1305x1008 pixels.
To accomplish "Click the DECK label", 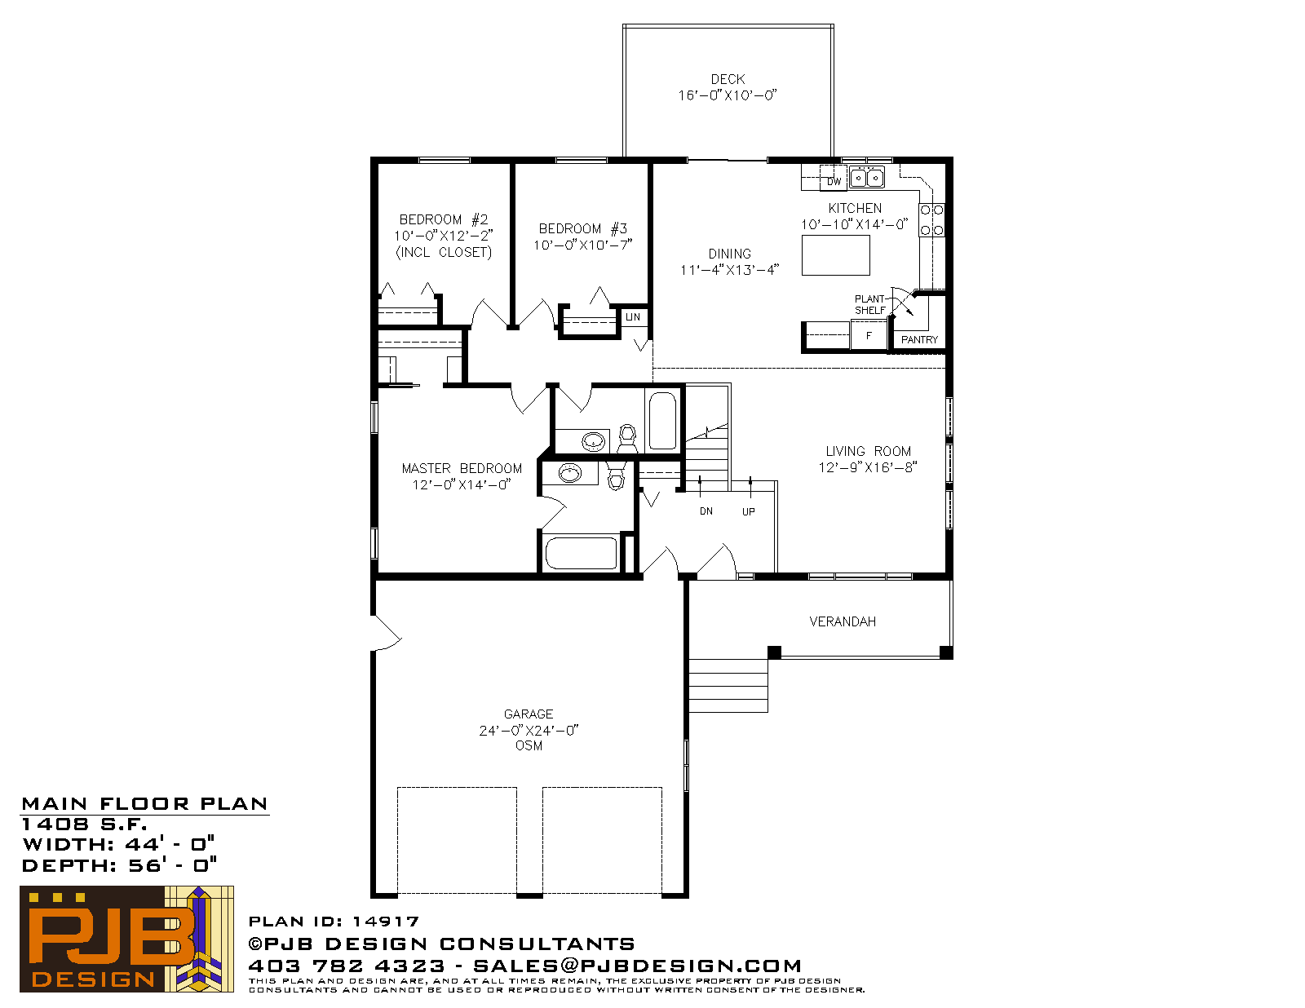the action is click(x=728, y=79).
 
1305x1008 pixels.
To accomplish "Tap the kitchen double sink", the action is click(x=866, y=178).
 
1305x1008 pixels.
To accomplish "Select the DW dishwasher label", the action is click(x=834, y=181).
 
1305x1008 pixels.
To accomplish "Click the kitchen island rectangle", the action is click(x=835, y=255).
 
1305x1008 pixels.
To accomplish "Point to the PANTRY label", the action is click(x=919, y=340).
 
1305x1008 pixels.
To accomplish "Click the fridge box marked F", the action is click(x=869, y=336).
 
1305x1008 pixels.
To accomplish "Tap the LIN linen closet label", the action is click(x=632, y=317).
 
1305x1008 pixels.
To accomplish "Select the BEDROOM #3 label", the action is click(x=582, y=228).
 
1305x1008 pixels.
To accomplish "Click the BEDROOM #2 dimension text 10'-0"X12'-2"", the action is click(x=443, y=236).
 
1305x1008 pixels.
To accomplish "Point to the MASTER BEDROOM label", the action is click(x=461, y=468).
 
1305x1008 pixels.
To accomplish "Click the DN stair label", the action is click(x=706, y=511).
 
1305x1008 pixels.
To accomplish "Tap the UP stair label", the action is click(x=748, y=512).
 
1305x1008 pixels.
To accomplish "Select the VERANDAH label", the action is click(x=842, y=622).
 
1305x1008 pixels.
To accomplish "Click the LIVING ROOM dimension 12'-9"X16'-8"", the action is click(x=868, y=467).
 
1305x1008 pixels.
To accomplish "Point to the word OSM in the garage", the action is click(x=529, y=745).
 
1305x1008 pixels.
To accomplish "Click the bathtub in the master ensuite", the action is click(x=581, y=553).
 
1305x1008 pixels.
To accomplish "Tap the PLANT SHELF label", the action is click(x=869, y=304).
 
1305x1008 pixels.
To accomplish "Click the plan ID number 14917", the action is click(x=386, y=922).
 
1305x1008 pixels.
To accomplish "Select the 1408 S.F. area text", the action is click(x=84, y=825).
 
